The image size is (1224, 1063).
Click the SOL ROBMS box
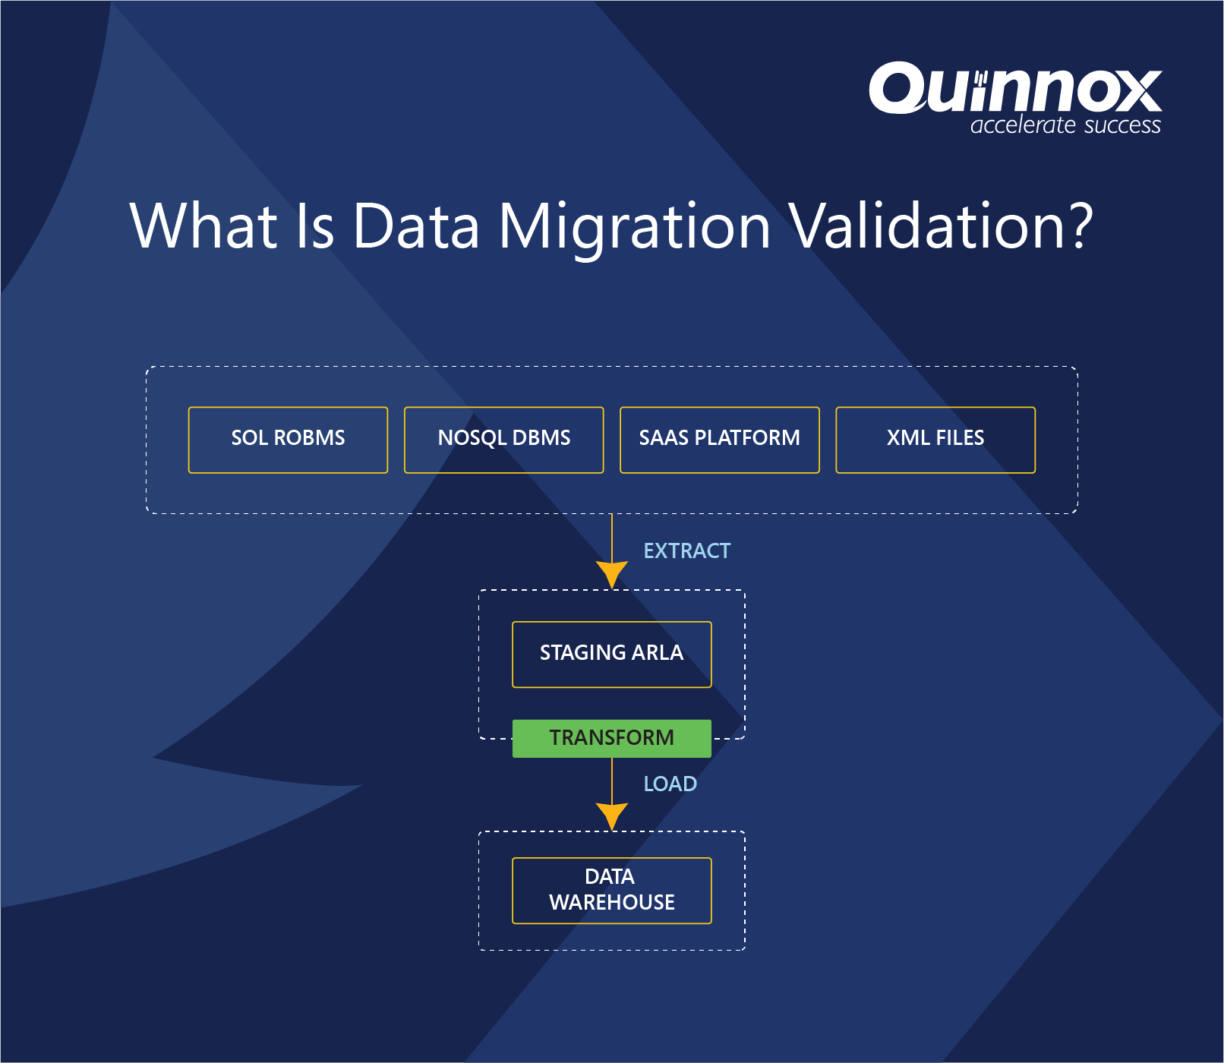point(288,440)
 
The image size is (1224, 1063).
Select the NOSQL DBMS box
point(503,440)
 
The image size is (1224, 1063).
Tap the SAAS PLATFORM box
point(719,440)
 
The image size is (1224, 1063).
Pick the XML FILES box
point(935,440)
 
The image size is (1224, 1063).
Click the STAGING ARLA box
point(611,654)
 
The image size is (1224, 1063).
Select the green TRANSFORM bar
point(611,738)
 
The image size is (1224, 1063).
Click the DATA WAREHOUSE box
point(611,890)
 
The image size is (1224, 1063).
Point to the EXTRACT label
point(686,550)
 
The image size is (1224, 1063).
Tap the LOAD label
point(670,784)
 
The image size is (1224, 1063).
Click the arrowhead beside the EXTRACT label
point(611,573)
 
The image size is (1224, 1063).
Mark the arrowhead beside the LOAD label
point(611,815)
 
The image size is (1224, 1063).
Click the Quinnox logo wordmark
point(1014,90)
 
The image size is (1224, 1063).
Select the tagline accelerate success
point(1065,125)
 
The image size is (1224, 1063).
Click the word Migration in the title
point(634,226)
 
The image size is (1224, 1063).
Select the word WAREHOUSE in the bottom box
point(611,902)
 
